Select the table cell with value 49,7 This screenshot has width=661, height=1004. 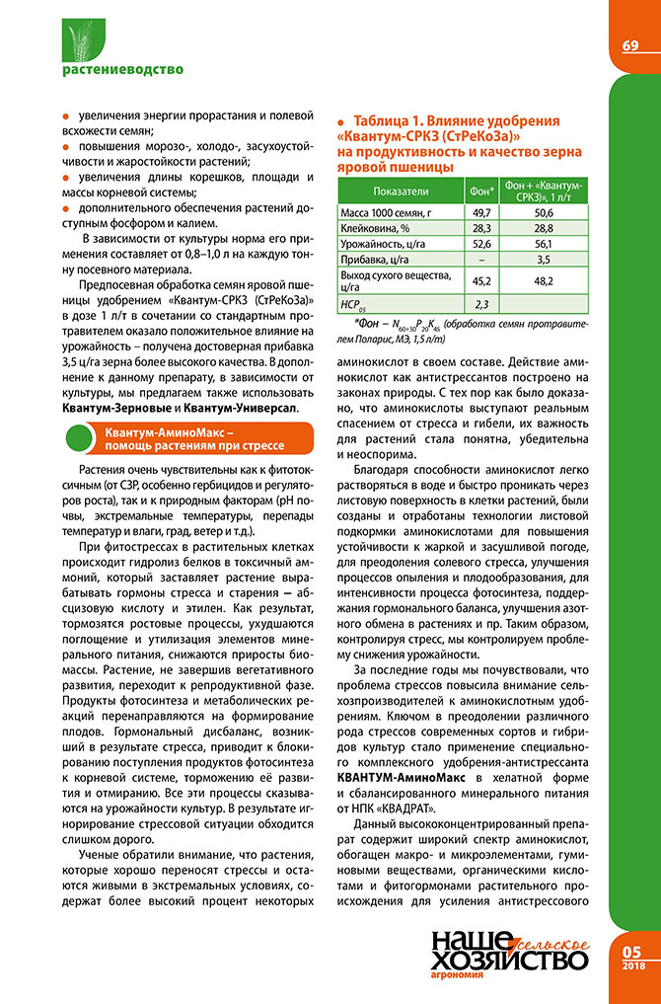481,212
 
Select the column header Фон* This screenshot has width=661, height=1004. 481,190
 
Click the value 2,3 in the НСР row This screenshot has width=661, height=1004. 481,303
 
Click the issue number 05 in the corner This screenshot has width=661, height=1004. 632,951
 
